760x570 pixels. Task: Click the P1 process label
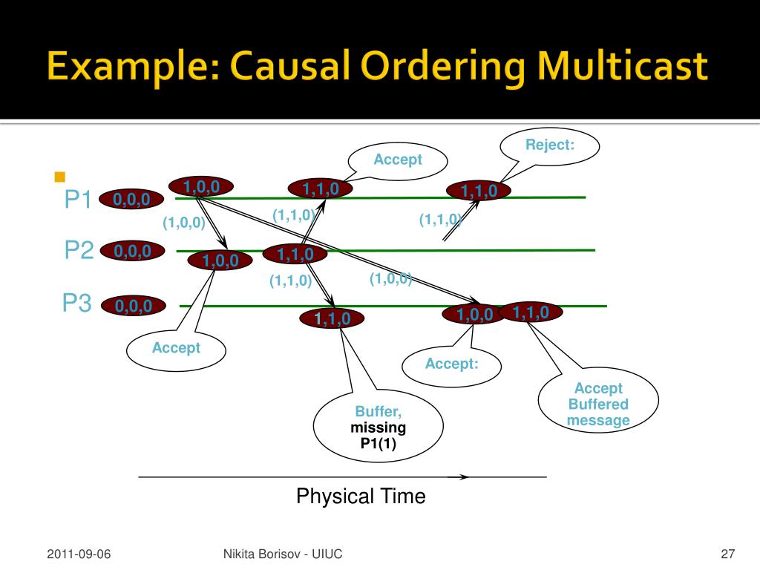pos(77,200)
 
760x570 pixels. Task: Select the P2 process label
pos(78,251)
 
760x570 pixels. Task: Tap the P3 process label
pos(76,304)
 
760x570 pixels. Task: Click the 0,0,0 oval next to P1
pos(131,200)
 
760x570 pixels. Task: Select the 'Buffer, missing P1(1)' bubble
pos(379,428)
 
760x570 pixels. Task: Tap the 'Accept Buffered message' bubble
pos(597,404)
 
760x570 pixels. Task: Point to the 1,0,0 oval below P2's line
pos(220,261)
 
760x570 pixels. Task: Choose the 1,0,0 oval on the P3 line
pos(474,315)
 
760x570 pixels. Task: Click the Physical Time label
pos(361,496)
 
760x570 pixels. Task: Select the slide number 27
pos(727,554)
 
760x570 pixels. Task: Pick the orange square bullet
pos(60,177)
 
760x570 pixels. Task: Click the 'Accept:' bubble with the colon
pos(451,364)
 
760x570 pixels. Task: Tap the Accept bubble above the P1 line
pos(398,160)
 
